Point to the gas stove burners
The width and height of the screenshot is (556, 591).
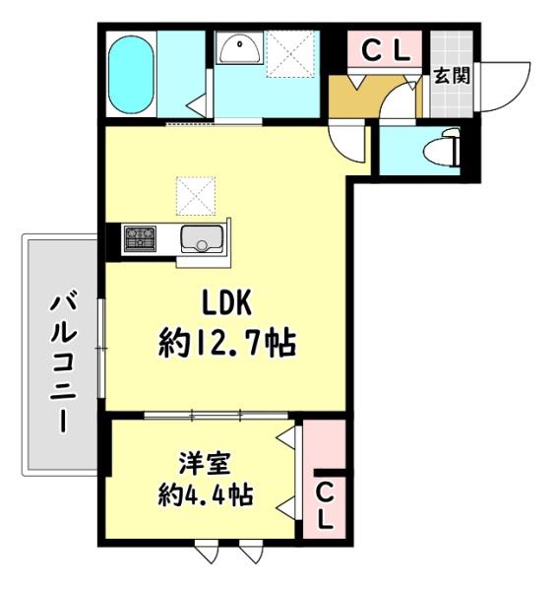tap(139, 237)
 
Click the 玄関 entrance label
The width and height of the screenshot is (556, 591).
tap(451, 76)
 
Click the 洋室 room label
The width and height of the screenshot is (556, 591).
tap(205, 463)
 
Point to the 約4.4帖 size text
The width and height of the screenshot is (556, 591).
tap(205, 494)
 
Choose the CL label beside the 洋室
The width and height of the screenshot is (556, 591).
tap(325, 504)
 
